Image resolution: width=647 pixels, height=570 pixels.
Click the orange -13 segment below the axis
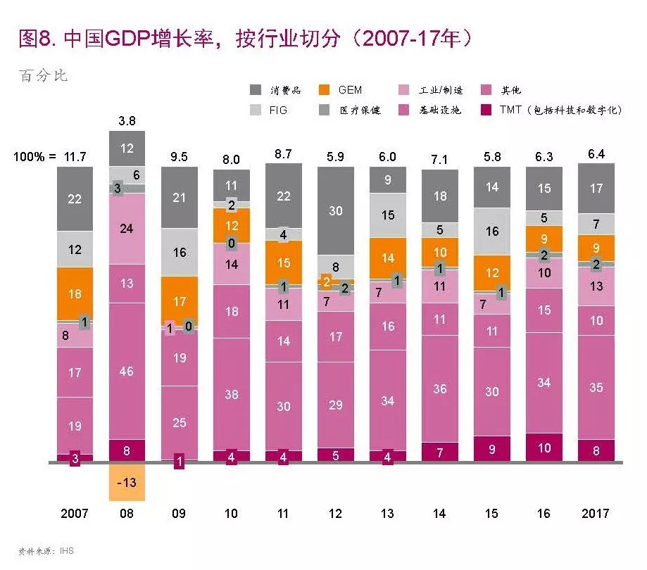[127, 482]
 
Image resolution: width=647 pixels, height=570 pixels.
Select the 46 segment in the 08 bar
[127, 371]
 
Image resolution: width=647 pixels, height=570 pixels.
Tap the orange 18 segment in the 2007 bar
[75, 294]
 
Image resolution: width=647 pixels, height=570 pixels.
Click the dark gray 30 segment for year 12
[335, 210]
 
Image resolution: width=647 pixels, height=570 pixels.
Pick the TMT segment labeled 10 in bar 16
[544, 448]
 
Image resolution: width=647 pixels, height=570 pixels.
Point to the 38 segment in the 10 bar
[231, 395]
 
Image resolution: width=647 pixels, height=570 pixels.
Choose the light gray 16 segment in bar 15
[491, 231]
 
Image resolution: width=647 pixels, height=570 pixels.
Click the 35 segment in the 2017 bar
[596, 388]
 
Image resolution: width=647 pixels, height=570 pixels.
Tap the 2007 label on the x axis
[75, 514]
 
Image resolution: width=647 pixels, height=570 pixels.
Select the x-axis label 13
[387, 514]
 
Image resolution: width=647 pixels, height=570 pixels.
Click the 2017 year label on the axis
[596, 514]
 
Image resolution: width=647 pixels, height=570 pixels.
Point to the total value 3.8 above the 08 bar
[127, 121]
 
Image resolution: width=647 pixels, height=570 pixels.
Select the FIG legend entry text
[278, 110]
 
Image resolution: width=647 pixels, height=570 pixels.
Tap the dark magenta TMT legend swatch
[484, 110]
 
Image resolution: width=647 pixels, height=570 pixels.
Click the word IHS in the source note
[66, 552]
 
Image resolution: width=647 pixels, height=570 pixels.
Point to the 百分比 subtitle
[44, 75]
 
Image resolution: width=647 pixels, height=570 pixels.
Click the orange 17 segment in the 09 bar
[179, 301]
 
